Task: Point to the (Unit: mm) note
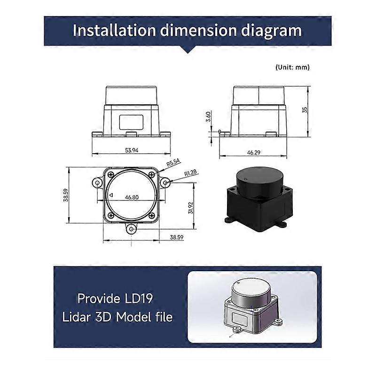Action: pos(292,67)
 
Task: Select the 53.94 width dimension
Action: pos(132,150)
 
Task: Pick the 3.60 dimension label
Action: pos(208,117)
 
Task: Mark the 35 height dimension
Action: pos(305,110)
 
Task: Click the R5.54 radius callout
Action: pos(173,162)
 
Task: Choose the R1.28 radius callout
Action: pos(190,173)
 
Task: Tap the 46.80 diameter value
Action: pos(132,197)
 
